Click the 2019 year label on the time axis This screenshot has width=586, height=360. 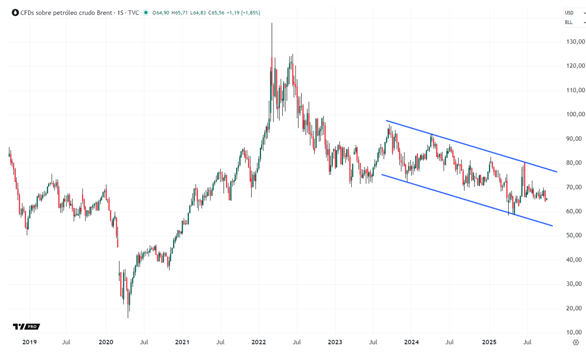point(29,342)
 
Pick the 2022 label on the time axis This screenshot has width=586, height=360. point(258,342)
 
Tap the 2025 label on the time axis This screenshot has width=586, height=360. point(489,342)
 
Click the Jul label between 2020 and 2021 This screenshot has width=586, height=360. point(144,342)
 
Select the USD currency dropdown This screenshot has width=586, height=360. point(575,12)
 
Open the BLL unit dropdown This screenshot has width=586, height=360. point(575,22)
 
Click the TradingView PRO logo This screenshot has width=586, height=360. point(26,326)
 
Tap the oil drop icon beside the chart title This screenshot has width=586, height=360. point(15,12)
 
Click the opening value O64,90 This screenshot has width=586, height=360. point(160,12)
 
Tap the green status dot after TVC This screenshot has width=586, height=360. point(146,12)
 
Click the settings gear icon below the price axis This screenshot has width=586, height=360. point(576,342)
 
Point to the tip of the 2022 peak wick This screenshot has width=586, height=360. point(272,23)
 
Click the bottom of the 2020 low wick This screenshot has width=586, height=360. point(128,318)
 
